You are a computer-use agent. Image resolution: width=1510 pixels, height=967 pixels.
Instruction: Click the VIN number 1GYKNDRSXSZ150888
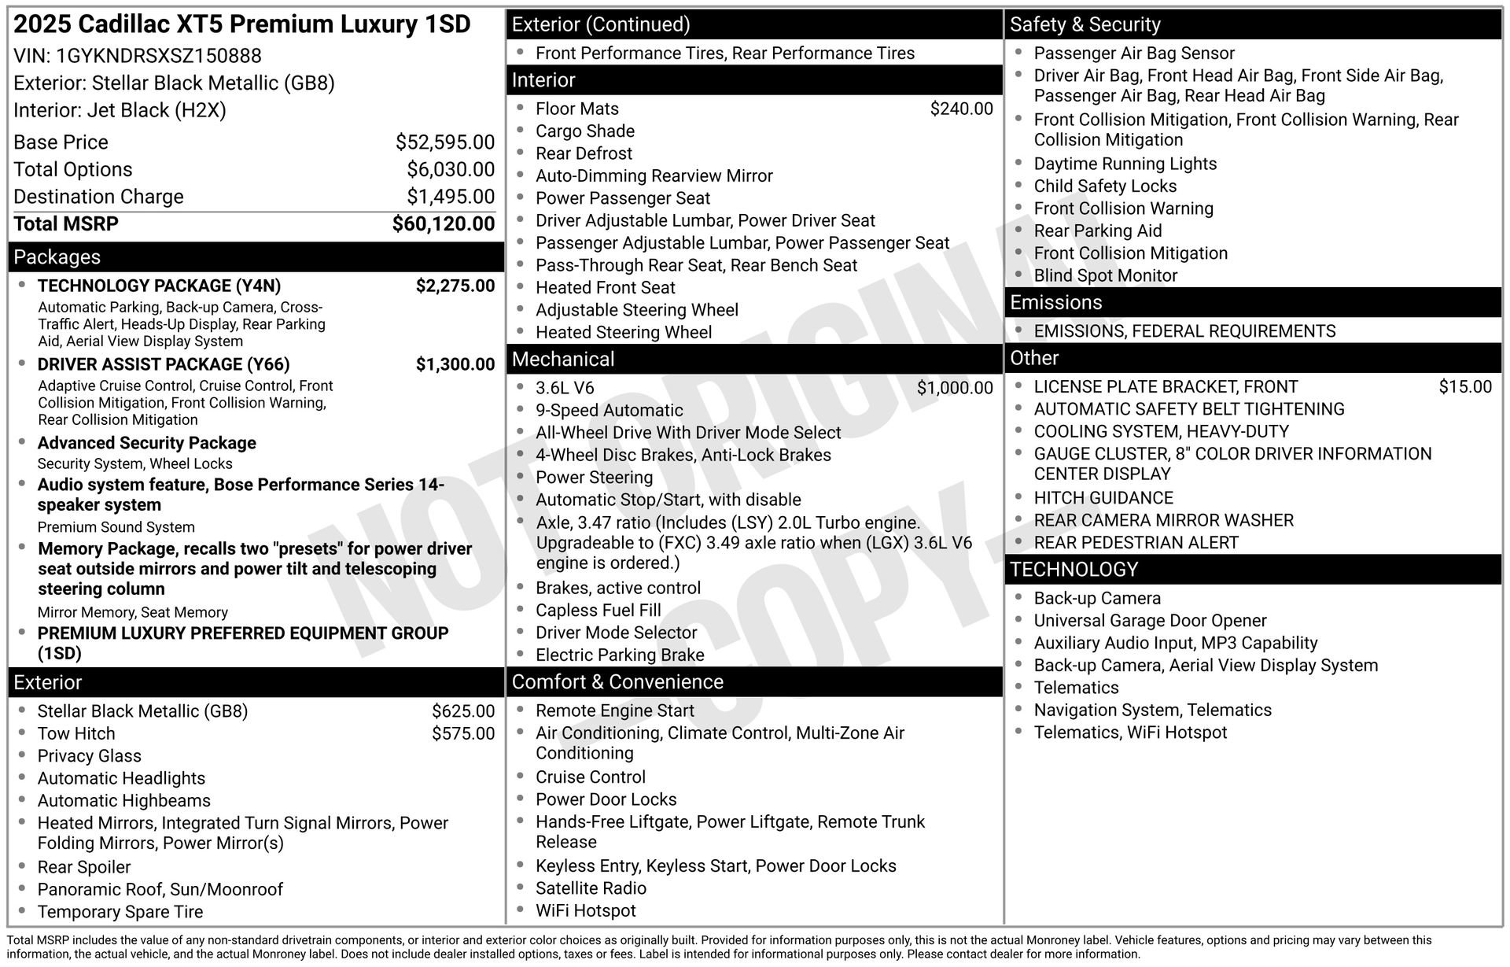tap(159, 56)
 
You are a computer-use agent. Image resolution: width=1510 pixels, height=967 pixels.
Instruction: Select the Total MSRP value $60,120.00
tap(444, 224)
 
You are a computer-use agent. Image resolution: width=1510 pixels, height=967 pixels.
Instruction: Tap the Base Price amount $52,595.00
tap(445, 142)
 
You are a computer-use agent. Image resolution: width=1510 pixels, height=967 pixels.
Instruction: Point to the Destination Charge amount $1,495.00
tap(451, 197)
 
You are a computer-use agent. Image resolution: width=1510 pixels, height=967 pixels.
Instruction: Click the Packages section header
tap(57, 257)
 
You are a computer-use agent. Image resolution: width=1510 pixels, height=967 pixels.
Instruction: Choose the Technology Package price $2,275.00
tap(455, 286)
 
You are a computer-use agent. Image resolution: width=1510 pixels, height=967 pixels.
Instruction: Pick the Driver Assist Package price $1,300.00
tap(455, 364)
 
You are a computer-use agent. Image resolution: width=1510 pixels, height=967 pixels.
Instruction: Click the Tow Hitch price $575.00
tap(463, 733)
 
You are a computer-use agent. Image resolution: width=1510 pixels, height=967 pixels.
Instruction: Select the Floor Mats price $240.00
tap(961, 109)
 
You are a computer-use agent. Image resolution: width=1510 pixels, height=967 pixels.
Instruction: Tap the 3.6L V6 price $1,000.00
tap(955, 388)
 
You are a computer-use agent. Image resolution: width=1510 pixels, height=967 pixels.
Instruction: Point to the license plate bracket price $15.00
tap(1465, 386)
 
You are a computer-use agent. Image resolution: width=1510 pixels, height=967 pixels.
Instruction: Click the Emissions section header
tap(1055, 303)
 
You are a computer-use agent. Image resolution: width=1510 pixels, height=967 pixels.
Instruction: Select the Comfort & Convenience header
tap(617, 682)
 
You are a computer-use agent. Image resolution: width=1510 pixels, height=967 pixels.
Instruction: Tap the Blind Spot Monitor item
tap(1105, 275)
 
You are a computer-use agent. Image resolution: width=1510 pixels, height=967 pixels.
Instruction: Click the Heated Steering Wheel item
tap(624, 332)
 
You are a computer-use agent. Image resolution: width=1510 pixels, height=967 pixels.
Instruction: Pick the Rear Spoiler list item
tap(84, 867)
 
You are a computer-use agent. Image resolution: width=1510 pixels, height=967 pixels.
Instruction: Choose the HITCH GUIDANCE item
tap(1103, 498)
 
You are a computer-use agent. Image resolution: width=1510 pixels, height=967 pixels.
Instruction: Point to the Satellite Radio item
tap(591, 888)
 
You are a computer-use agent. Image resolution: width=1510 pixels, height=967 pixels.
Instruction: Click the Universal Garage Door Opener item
tap(1150, 621)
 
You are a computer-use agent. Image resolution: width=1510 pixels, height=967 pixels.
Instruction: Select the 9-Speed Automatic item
tap(610, 410)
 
